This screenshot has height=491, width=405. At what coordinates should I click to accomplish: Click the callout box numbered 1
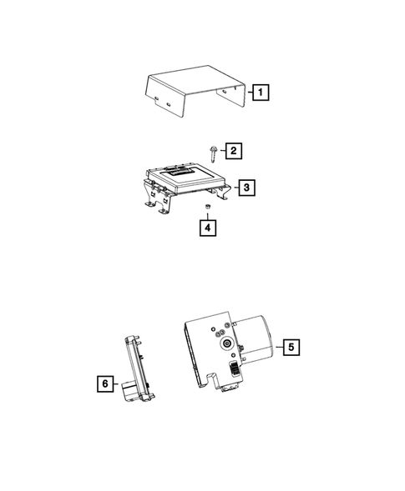click(261, 93)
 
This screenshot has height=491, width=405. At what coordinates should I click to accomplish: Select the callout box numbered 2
click(234, 151)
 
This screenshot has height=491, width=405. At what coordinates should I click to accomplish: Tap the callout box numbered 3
click(247, 188)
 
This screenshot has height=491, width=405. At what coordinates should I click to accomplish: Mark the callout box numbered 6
click(104, 383)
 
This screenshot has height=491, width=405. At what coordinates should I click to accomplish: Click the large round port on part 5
click(225, 343)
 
